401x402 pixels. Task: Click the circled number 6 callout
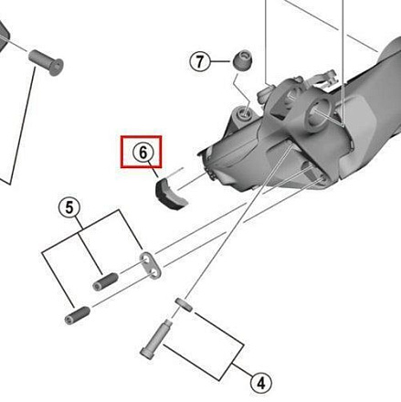143,153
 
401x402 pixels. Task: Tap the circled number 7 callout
200,62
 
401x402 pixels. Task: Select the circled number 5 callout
69,207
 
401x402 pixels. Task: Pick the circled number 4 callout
261,383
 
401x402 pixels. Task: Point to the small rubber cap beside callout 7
243,59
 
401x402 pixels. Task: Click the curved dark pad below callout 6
171,194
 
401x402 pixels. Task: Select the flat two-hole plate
151,266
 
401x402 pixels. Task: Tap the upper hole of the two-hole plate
145,259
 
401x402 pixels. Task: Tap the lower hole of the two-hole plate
154,271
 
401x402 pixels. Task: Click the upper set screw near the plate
105,282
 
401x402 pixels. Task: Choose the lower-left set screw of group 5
78,315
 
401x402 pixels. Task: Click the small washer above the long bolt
185,305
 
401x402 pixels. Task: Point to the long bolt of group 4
156,339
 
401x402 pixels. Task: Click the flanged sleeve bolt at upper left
46,62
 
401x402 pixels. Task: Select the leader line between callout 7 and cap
221,61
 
